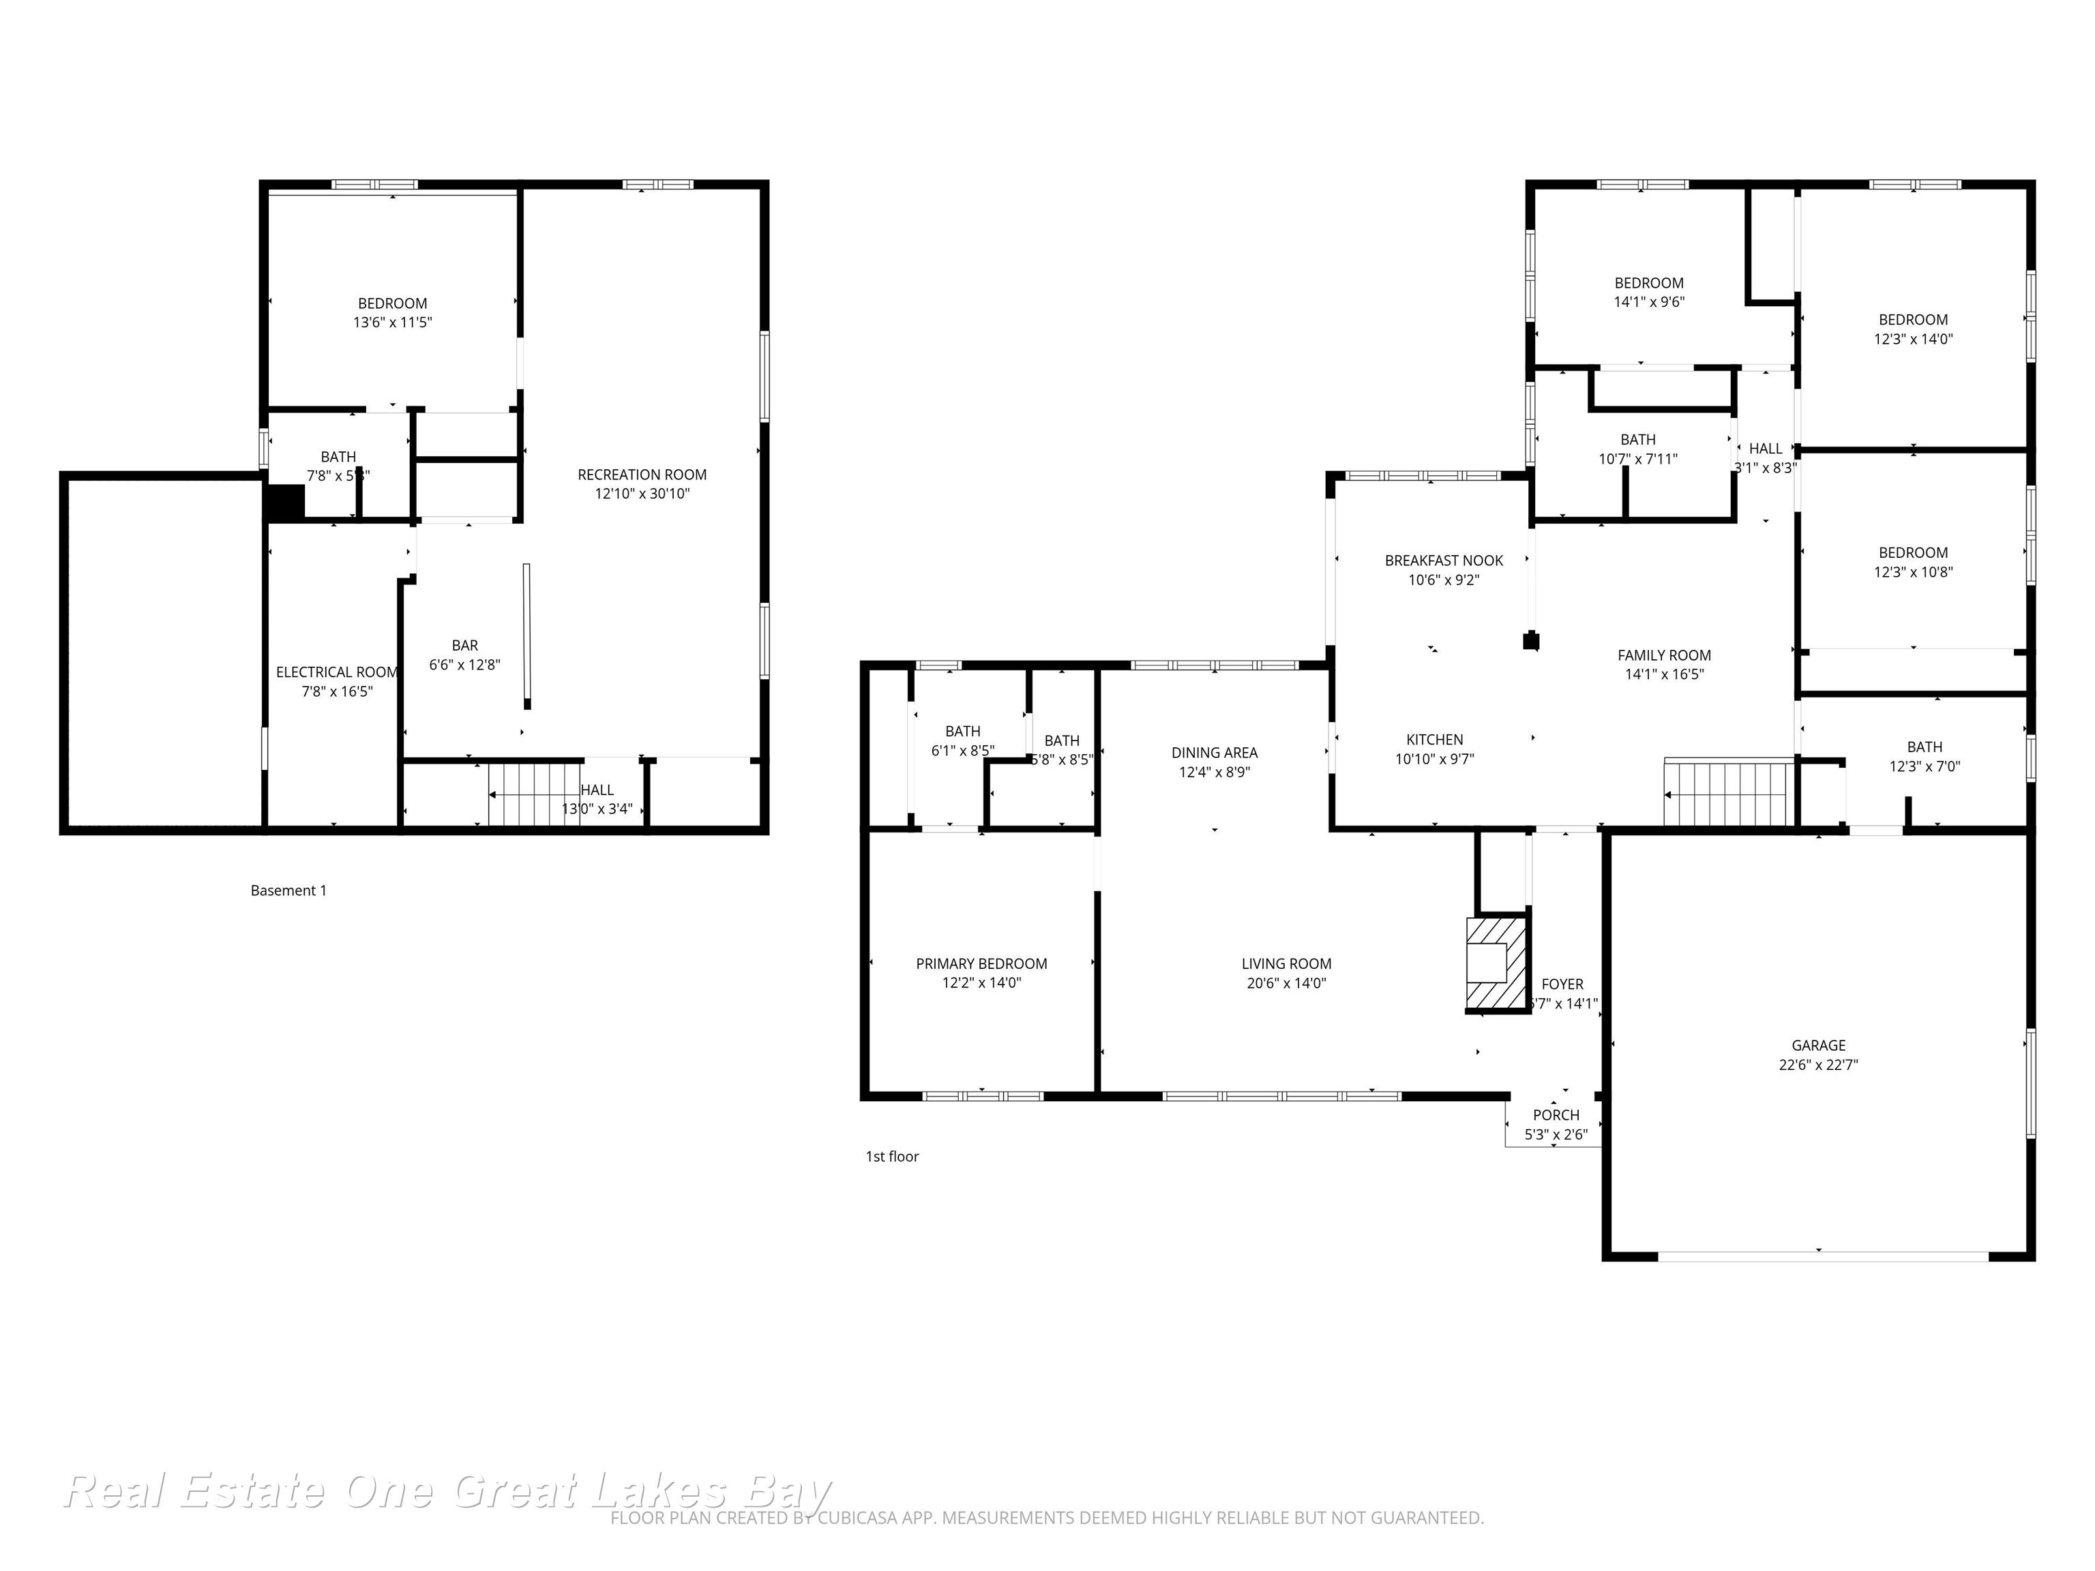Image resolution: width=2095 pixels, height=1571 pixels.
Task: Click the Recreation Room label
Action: (642, 475)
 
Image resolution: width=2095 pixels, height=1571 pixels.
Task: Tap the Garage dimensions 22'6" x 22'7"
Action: (1817, 1064)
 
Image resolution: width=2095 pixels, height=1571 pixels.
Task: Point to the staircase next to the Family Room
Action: (1729, 792)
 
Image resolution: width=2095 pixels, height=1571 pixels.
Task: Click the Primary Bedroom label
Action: (981, 963)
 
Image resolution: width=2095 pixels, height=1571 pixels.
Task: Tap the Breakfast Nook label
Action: (1444, 560)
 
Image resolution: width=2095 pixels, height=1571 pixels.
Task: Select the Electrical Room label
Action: (336, 672)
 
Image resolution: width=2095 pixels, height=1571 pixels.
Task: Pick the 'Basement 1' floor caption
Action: (288, 890)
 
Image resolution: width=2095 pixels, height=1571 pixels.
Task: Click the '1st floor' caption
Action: (891, 1156)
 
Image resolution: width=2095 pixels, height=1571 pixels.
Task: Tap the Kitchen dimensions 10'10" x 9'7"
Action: (1434, 758)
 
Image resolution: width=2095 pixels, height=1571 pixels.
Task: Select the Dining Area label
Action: (1214, 753)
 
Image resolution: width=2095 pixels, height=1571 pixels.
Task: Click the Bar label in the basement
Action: (464, 646)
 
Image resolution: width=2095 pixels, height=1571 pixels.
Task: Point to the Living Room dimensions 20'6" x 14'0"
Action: (1286, 983)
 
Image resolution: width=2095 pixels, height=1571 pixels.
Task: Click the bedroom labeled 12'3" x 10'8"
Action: (1912, 563)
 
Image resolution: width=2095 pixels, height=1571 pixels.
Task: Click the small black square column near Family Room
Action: (1530, 641)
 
